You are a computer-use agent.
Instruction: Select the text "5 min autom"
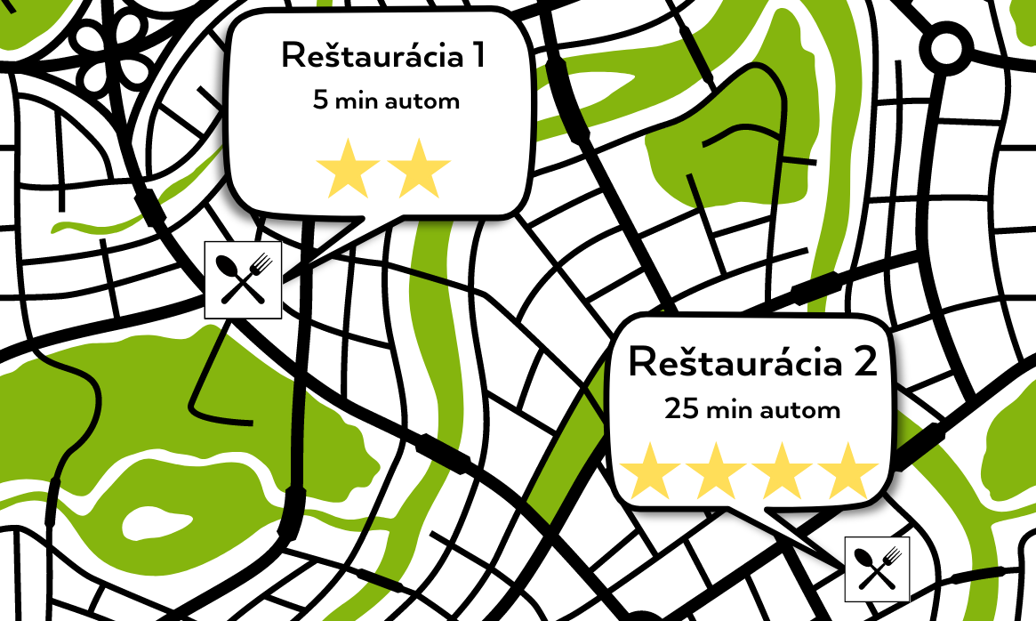pyautogui.click(x=386, y=100)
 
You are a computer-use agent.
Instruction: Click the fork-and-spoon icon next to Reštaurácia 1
pyautogui.click(x=244, y=278)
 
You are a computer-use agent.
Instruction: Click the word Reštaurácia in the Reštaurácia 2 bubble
pyautogui.click(x=735, y=362)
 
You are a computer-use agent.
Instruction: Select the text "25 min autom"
pyautogui.click(x=751, y=410)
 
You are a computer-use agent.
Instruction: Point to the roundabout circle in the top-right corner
pyautogui.click(x=946, y=47)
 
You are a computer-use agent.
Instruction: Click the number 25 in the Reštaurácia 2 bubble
pyautogui.click(x=681, y=410)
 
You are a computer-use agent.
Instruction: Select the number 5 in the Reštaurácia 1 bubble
pyautogui.click(x=320, y=100)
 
